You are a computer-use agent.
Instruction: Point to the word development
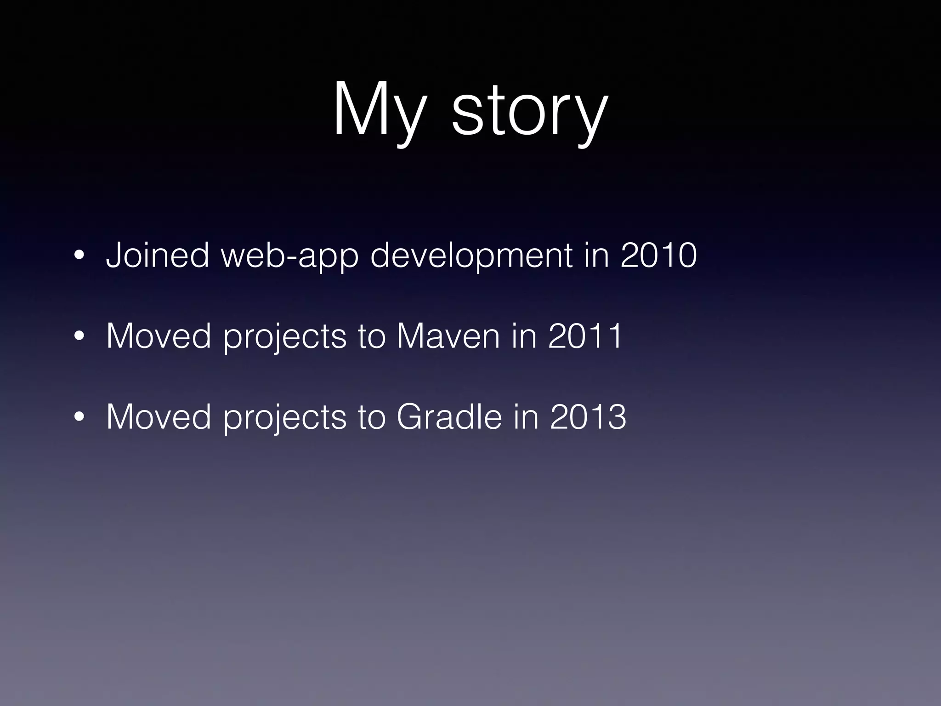pos(471,256)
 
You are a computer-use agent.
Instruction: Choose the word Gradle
pos(449,417)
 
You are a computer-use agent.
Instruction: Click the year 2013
pos(588,417)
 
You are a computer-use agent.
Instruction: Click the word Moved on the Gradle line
pos(159,417)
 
